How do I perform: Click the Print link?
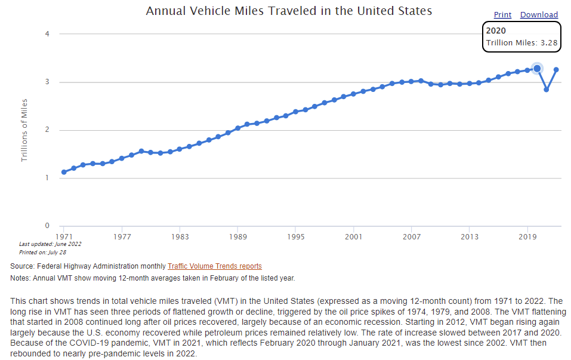(x=502, y=15)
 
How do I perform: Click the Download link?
(x=539, y=15)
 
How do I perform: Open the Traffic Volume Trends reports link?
(x=215, y=266)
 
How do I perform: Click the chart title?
(x=289, y=11)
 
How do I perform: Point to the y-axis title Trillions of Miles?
(x=24, y=130)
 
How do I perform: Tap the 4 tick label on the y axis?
(x=47, y=33)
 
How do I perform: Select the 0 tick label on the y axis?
(x=47, y=226)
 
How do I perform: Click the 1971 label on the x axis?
(x=64, y=236)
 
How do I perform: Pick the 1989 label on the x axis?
(x=237, y=236)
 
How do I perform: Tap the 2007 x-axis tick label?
(x=412, y=236)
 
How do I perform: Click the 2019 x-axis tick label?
(x=527, y=236)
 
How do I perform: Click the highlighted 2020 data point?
(x=537, y=69)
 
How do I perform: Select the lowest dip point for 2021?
(x=547, y=90)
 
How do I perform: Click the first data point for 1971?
(x=64, y=172)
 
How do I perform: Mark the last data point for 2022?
(x=556, y=69)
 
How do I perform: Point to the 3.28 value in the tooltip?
(x=550, y=43)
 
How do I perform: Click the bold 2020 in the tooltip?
(x=496, y=30)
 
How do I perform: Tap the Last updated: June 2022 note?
(x=50, y=244)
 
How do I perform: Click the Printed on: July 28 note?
(x=44, y=251)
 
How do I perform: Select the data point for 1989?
(x=237, y=128)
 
